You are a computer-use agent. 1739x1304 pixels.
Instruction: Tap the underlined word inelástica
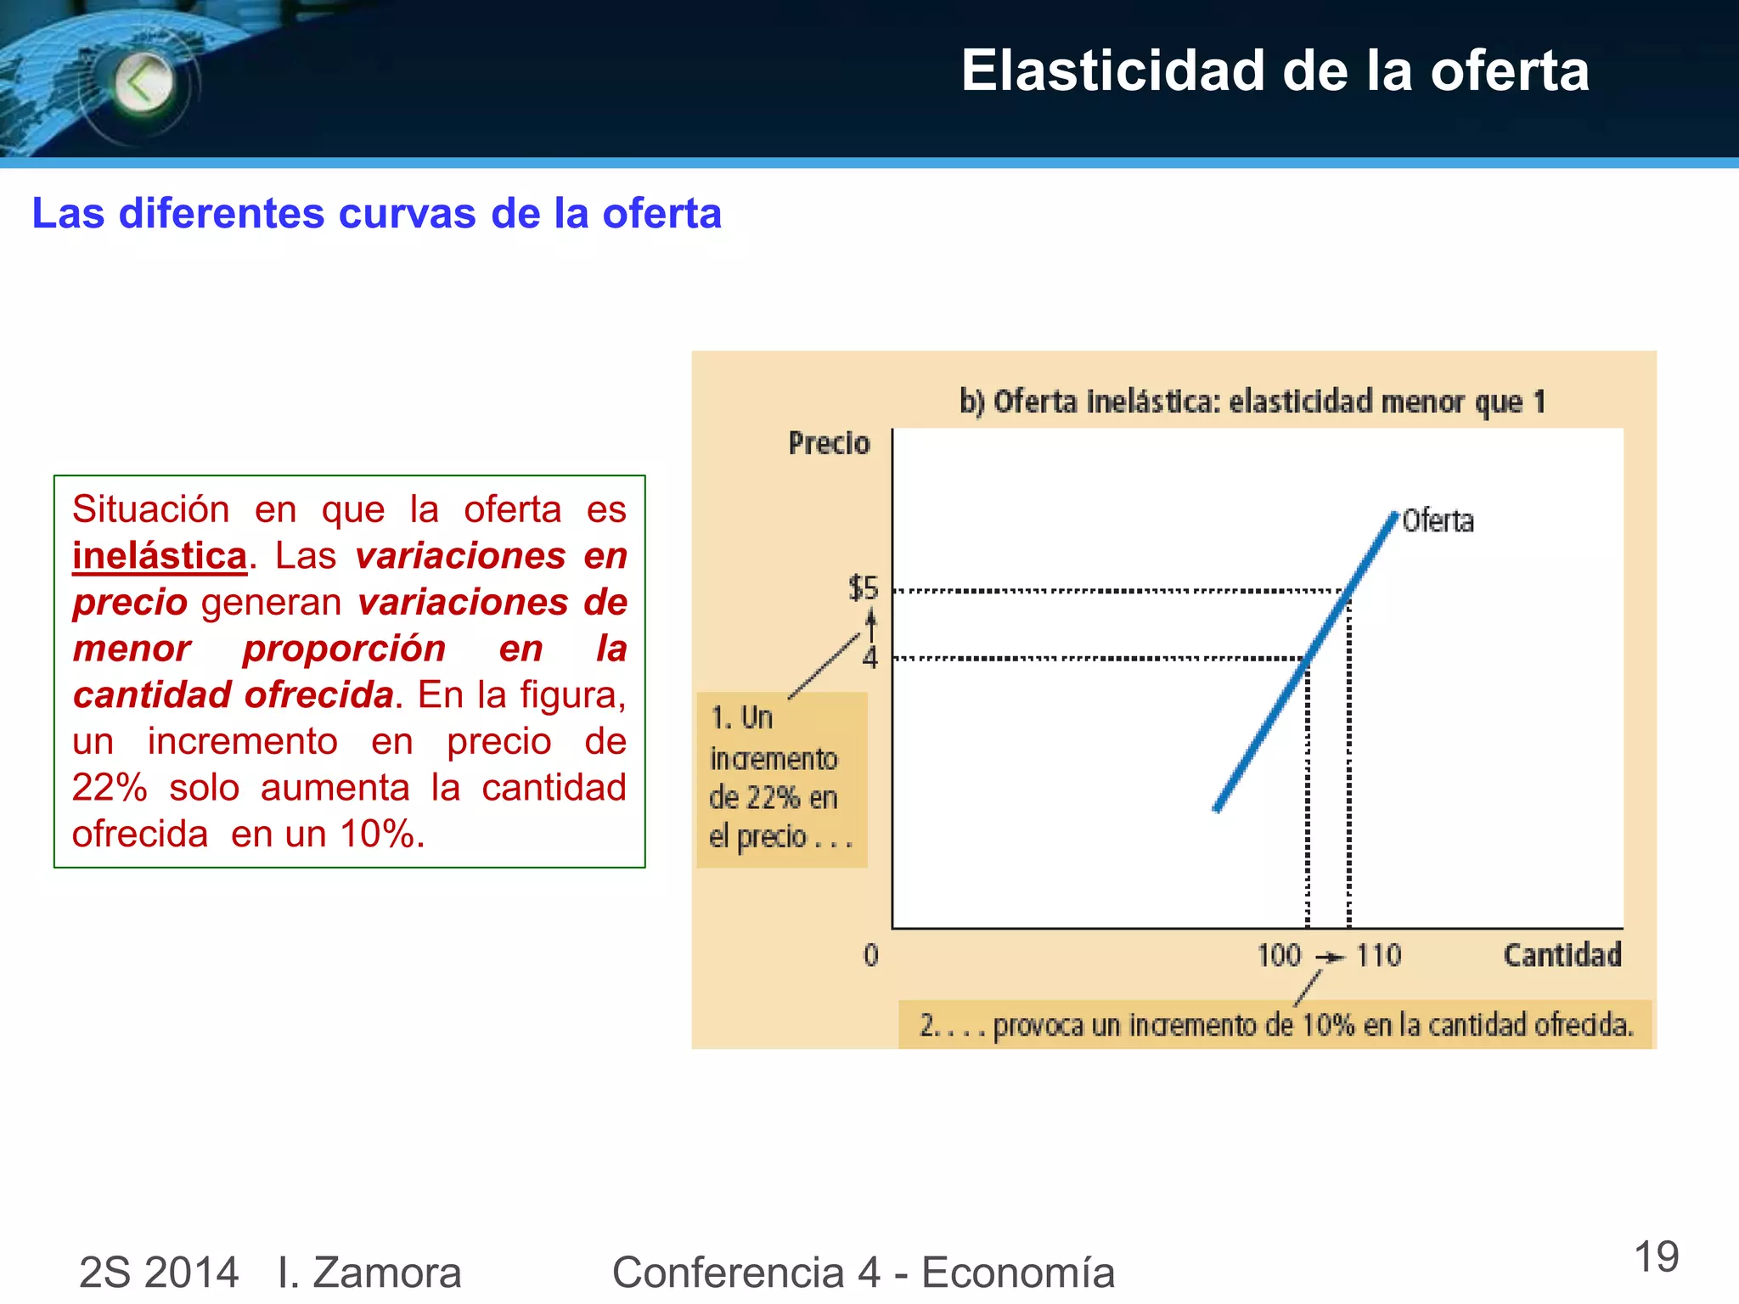(160, 556)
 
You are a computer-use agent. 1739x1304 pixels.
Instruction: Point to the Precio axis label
(829, 443)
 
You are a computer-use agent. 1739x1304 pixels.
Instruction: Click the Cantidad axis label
(1562, 955)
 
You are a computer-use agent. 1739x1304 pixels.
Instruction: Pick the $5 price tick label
(864, 587)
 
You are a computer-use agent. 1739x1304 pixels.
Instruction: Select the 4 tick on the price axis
(869, 658)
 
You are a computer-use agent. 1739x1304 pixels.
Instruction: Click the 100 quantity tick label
(1279, 956)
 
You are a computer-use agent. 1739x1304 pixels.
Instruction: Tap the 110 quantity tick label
(1378, 956)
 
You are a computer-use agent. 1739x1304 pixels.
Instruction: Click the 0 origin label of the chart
(871, 956)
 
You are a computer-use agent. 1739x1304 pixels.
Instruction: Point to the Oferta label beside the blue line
(1438, 520)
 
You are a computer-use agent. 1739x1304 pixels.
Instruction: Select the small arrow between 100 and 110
(1331, 958)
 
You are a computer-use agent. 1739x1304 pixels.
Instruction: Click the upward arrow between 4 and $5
(870, 626)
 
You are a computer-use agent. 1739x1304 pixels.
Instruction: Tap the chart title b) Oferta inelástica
(1252, 401)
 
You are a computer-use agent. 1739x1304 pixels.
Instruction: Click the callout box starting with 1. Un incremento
(781, 778)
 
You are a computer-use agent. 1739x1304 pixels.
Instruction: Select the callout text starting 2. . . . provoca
(1275, 1026)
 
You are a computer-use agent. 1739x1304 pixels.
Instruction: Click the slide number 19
(1656, 1257)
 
